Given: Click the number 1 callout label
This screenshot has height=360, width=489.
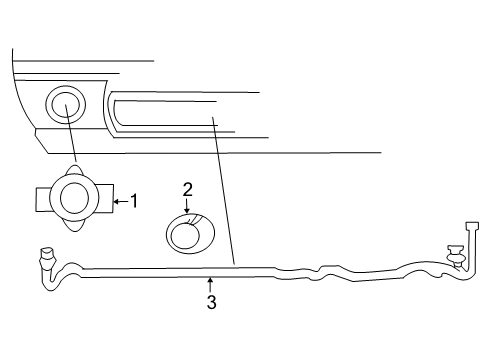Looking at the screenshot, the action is tap(133, 201).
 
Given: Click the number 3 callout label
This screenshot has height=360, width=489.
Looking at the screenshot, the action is tap(210, 303).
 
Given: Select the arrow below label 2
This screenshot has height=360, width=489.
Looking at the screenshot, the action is tap(186, 206).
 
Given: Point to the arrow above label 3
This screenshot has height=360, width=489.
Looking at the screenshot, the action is tap(210, 285).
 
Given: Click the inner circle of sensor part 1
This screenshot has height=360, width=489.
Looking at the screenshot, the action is tap(75, 198).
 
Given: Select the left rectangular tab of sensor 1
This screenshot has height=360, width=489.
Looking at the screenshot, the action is tap(45, 199).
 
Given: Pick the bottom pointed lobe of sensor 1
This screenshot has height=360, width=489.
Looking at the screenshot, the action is tap(75, 228).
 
